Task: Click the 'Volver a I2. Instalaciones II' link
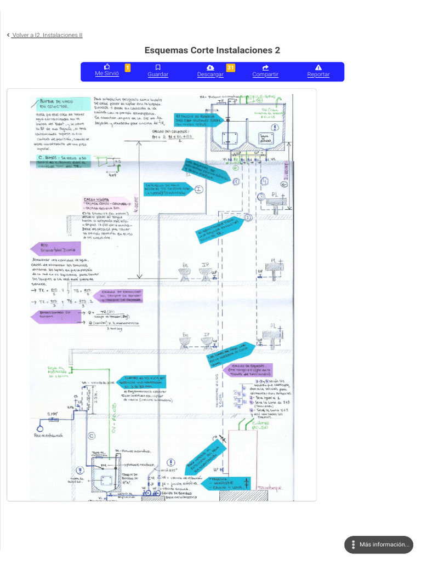tap(47, 35)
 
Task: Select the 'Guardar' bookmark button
tap(158, 71)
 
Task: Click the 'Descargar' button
tap(210, 71)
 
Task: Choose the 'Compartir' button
tap(265, 71)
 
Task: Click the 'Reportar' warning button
tap(318, 71)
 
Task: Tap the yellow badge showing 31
tap(231, 67)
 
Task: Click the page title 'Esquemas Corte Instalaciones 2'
tap(212, 50)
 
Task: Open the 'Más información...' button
tap(379, 545)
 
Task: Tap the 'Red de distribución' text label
tap(48, 436)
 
